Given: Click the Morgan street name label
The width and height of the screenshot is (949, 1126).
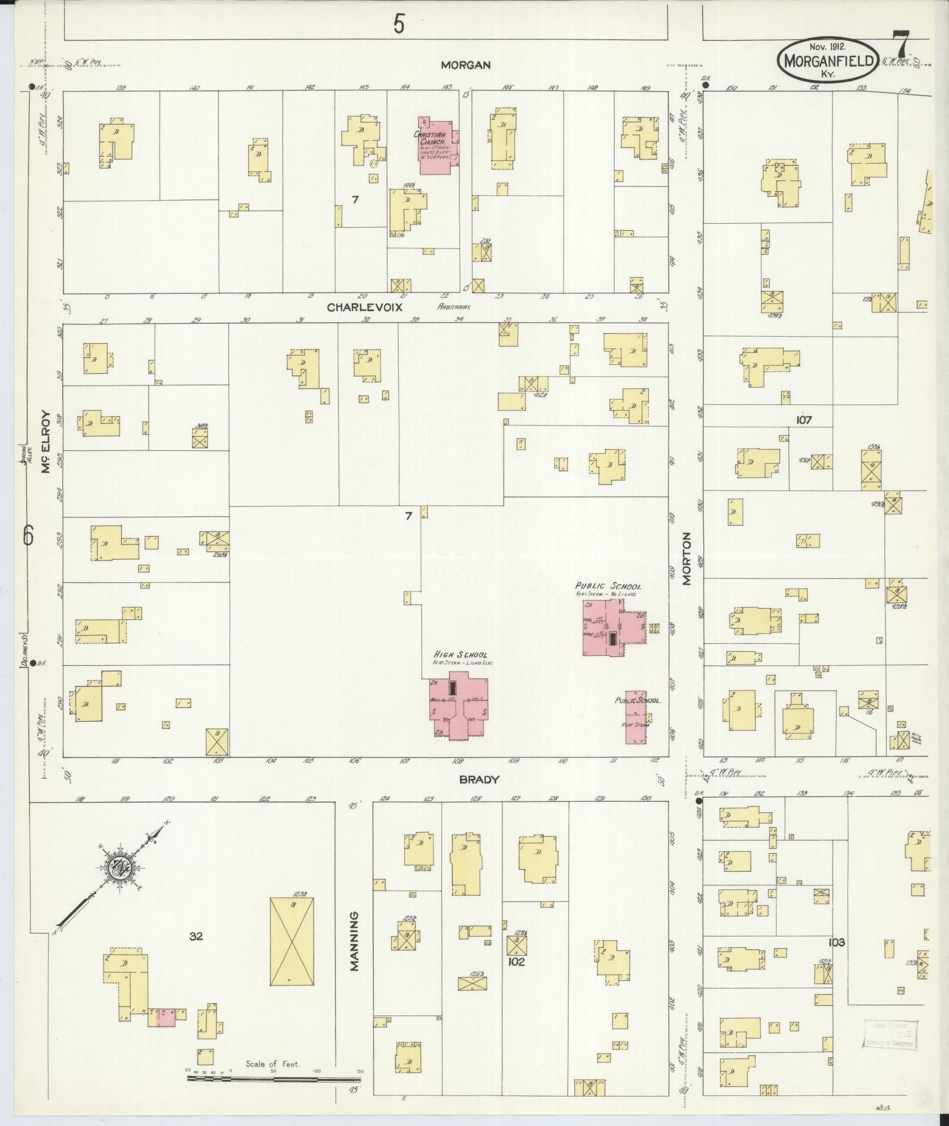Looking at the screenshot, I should click(466, 65).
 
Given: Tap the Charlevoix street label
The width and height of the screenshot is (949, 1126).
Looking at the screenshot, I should click(359, 307).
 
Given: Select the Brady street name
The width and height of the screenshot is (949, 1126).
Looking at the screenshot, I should click(480, 779).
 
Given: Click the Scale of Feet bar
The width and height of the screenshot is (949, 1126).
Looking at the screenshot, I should click(274, 1079).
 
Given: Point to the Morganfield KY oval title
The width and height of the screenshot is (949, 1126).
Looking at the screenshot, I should click(828, 61).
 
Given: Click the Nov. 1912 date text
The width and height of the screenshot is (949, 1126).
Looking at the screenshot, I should click(827, 46).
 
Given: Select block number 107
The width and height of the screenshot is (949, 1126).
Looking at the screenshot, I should click(804, 420).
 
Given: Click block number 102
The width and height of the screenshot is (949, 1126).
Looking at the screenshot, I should click(517, 963).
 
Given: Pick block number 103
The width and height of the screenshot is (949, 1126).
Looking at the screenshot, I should click(836, 942).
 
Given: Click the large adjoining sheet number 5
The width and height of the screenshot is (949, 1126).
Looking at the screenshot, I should click(399, 24).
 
